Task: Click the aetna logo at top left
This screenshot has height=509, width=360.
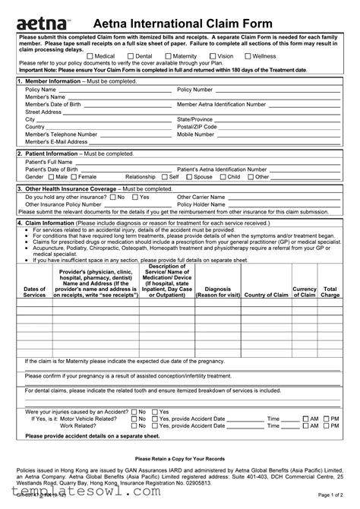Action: [x=39, y=17]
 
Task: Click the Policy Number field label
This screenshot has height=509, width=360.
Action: [x=196, y=90]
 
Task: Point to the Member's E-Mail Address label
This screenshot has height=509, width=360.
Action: [x=56, y=141]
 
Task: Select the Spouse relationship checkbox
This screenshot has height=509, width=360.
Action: [x=190, y=176]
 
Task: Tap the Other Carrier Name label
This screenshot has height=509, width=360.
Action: [x=201, y=196]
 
